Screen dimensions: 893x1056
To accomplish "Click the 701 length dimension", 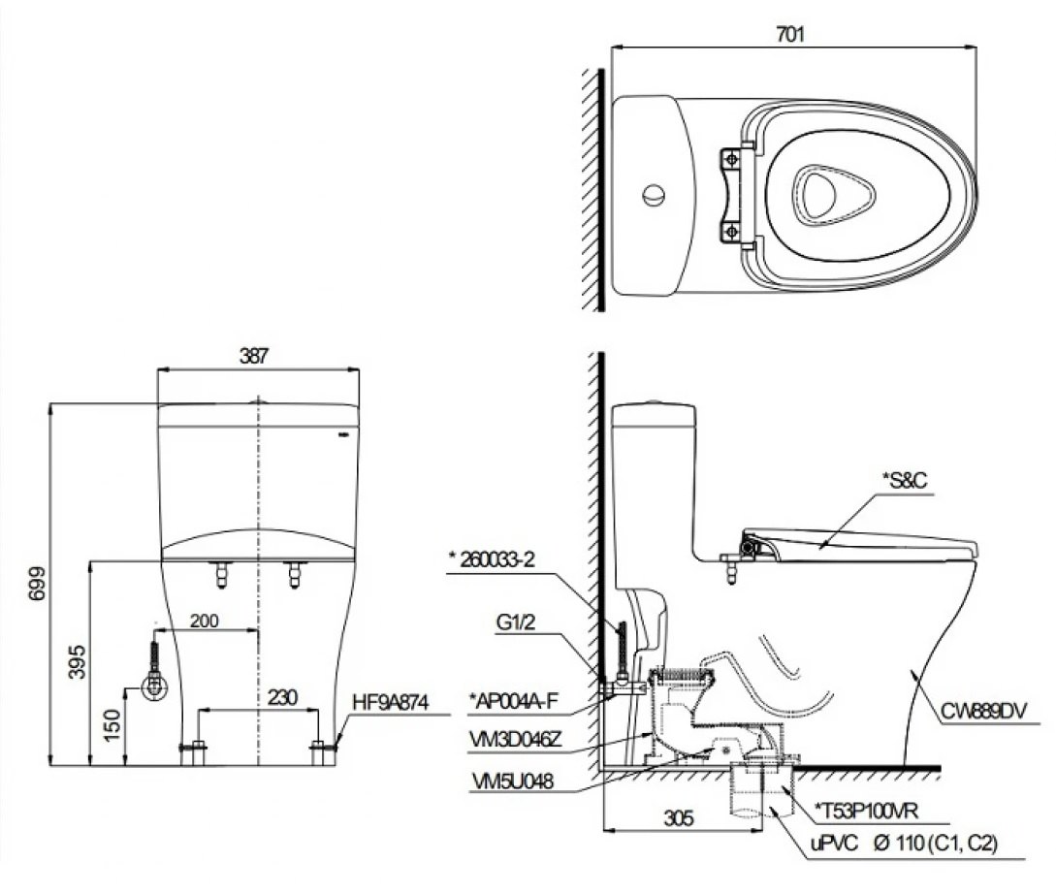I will coord(791,33).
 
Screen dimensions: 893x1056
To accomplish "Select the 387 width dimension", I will coord(255,356).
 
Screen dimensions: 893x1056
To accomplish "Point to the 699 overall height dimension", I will coord(35,583).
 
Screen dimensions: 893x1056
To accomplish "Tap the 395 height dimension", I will coord(76,661).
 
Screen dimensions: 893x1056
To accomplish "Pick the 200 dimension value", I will coord(205,621).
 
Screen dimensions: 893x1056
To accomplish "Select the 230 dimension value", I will coord(282,697).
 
